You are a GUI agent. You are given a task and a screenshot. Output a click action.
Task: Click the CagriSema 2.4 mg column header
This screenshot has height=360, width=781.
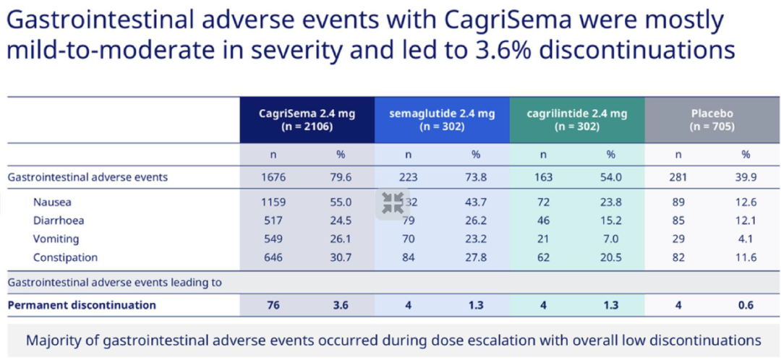[x=307, y=119]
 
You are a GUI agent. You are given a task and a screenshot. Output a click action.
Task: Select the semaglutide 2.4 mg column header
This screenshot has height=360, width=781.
[x=442, y=119]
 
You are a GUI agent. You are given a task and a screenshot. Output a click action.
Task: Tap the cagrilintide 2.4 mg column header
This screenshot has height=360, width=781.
[x=577, y=119]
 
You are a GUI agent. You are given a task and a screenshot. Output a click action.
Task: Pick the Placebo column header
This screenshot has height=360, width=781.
[x=712, y=119]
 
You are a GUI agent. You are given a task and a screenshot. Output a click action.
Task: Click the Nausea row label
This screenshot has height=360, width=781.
[x=52, y=202]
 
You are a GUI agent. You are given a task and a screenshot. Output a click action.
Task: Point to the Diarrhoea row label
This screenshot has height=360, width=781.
[x=58, y=220]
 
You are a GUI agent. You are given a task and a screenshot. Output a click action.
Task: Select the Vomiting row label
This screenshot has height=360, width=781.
[x=56, y=239]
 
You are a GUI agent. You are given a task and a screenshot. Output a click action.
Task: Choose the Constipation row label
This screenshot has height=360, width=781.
[x=65, y=257]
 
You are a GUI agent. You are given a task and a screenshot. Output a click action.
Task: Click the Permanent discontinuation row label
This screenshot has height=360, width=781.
[x=82, y=305]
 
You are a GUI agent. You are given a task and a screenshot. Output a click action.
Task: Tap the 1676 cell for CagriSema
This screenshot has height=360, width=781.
[x=273, y=177]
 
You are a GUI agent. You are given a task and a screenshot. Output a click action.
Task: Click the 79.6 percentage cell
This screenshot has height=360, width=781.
[x=341, y=177]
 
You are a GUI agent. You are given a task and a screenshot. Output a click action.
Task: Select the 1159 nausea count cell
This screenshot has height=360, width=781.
[x=273, y=202]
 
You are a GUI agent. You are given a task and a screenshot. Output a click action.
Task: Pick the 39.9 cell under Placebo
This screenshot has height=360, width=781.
[x=746, y=177]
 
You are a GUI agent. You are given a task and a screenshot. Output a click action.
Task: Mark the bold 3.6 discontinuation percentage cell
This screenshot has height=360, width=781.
[x=341, y=305]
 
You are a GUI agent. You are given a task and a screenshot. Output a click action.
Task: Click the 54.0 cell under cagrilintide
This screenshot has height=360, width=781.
[x=610, y=177]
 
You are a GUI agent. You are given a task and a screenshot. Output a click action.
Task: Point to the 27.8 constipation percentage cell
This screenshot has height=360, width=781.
[x=476, y=257]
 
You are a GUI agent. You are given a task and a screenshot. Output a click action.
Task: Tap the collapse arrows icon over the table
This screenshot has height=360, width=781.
[x=393, y=202]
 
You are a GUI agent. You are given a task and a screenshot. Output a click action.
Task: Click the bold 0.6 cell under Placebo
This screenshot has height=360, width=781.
[x=746, y=305]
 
